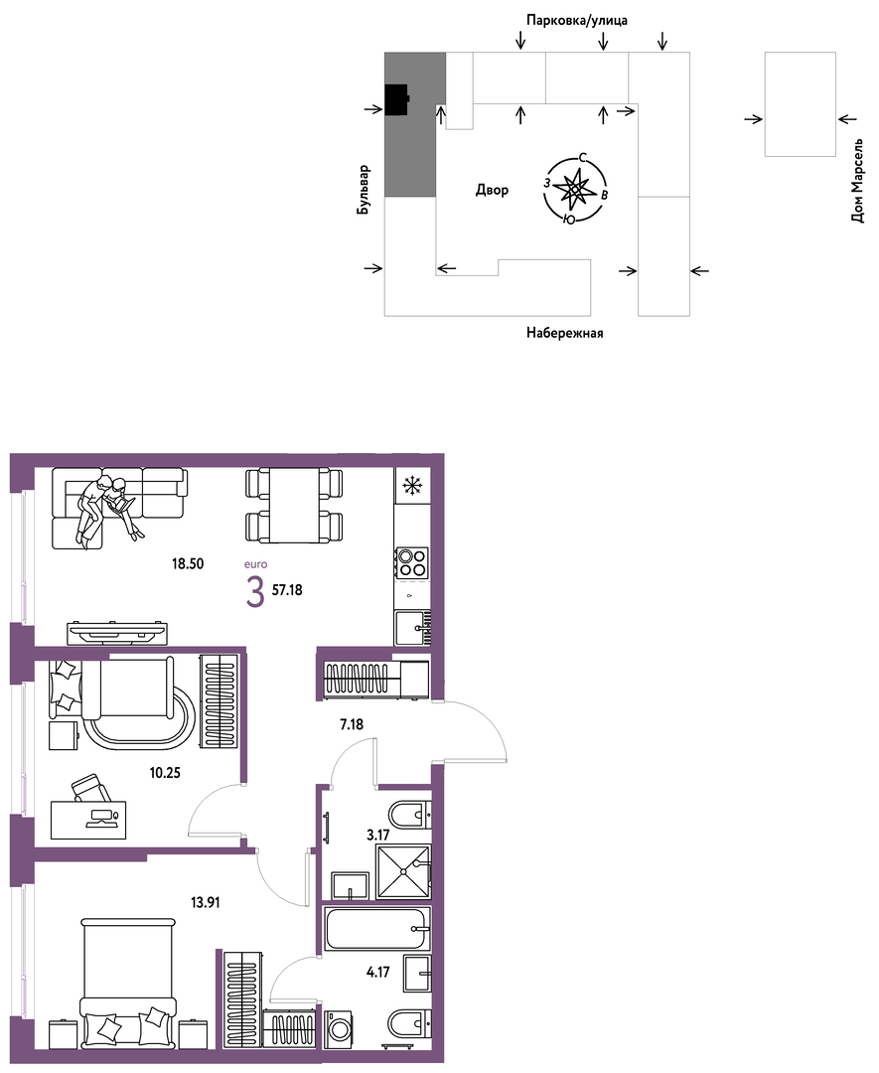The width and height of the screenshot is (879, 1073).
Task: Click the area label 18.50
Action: click(x=188, y=564)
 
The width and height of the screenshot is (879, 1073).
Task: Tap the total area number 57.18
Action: click(x=287, y=590)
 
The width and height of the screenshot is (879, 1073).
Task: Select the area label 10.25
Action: click(x=165, y=773)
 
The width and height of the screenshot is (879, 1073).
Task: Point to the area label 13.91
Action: click(x=206, y=902)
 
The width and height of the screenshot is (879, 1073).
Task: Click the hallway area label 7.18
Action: click(x=352, y=724)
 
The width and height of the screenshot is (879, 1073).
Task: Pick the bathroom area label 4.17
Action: click(x=378, y=971)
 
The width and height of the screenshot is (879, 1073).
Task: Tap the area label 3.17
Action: click(x=378, y=835)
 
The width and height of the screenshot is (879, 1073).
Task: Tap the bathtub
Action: click(x=378, y=929)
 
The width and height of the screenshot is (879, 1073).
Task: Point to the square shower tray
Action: click(x=403, y=871)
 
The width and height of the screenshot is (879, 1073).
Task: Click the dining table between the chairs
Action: click(x=294, y=505)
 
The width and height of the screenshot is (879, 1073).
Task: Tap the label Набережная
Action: click(x=565, y=333)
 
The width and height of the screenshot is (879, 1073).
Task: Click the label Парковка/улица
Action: click(x=577, y=21)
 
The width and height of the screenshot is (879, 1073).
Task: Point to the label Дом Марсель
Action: click(x=858, y=181)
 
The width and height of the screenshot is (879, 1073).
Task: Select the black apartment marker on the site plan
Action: click(x=396, y=100)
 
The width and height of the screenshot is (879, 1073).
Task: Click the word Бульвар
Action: click(x=364, y=190)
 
